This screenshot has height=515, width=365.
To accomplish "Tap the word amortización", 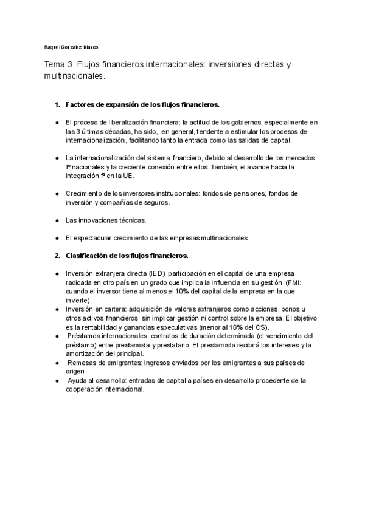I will click(87, 353).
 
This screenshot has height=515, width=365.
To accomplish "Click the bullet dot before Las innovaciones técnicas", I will click(57, 220).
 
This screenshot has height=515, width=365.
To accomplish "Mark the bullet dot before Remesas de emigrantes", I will click(57, 363).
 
